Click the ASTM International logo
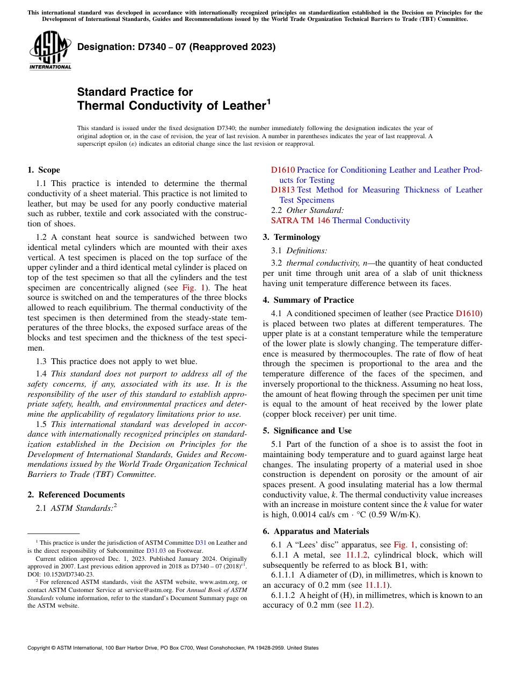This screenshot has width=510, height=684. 50,51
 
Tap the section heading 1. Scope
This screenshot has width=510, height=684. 43,170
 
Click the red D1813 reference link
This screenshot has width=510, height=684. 282,190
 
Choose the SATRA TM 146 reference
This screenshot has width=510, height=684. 301,220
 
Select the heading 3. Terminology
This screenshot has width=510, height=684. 292,237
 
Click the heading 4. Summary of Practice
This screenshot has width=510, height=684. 308,300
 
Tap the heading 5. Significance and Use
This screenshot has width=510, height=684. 307,431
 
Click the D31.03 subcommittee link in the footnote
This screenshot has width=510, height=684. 154,551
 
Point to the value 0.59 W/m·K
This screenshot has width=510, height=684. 395,515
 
